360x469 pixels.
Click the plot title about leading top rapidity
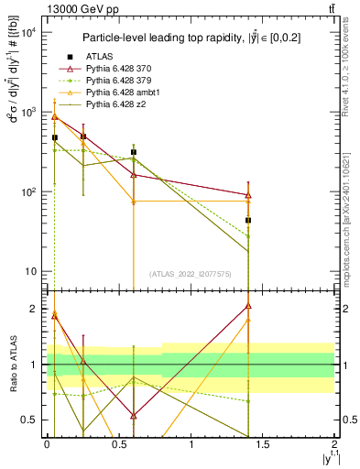pos(190,38)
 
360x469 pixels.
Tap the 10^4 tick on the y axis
pos(31,33)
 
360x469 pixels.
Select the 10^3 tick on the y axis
pos(31,113)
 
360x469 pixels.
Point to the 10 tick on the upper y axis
pos(33,271)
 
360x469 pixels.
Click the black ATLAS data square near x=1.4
pos(248,221)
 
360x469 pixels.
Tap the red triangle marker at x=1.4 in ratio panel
pos(248,306)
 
